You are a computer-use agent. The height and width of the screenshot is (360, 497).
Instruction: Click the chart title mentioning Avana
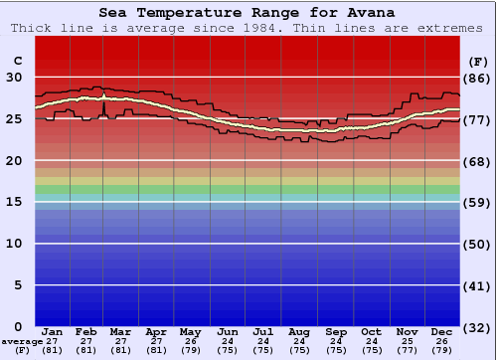coord(247,13)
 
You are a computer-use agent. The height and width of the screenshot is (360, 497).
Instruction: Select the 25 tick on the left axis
coord(15,119)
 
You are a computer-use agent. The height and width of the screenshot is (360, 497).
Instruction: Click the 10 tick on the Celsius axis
coord(15,244)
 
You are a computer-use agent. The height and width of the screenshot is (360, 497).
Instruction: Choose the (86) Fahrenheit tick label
coord(477,78)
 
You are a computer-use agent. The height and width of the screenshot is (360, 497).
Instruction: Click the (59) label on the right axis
coord(477,203)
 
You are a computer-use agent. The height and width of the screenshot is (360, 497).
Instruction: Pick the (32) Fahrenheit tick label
coord(477,327)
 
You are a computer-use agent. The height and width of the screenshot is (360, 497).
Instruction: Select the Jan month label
coord(53,331)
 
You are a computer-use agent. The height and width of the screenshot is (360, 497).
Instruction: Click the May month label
coord(189,331)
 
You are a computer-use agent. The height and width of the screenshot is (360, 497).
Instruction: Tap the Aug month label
coord(299,331)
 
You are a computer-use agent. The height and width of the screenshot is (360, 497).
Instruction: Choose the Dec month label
coord(442,331)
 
